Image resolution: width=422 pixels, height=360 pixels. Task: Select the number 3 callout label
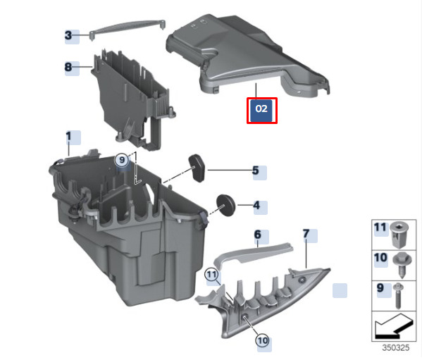68,35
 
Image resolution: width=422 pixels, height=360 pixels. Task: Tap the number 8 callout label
68,67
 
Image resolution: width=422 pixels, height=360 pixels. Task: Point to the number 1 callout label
68,136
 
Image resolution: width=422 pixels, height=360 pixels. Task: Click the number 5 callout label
256,170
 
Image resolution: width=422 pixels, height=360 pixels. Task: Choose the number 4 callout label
256,206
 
